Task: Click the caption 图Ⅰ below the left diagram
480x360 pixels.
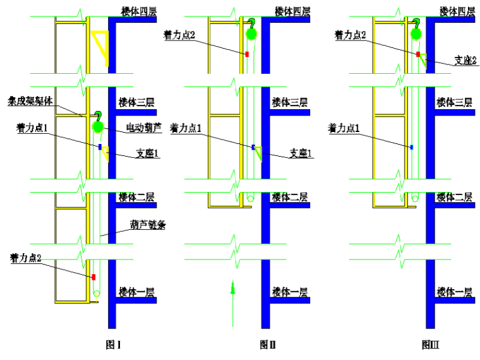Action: click(x=113, y=345)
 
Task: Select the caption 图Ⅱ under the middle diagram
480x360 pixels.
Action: click(x=268, y=345)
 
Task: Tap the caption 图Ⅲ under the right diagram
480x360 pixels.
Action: click(x=431, y=345)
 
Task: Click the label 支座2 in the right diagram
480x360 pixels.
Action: click(x=465, y=60)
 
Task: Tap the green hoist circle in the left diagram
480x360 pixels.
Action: click(x=98, y=127)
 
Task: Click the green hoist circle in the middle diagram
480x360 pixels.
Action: click(x=251, y=34)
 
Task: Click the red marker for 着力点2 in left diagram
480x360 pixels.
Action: click(x=93, y=277)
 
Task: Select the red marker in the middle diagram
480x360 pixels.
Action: click(x=248, y=54)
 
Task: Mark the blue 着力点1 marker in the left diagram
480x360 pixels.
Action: click(x=100, y=147)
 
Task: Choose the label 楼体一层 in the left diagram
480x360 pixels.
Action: click(x=136, y=292)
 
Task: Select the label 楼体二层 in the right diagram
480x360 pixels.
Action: click(x=454, y=198)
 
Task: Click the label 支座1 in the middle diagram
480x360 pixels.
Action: click(x=301, y=152)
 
